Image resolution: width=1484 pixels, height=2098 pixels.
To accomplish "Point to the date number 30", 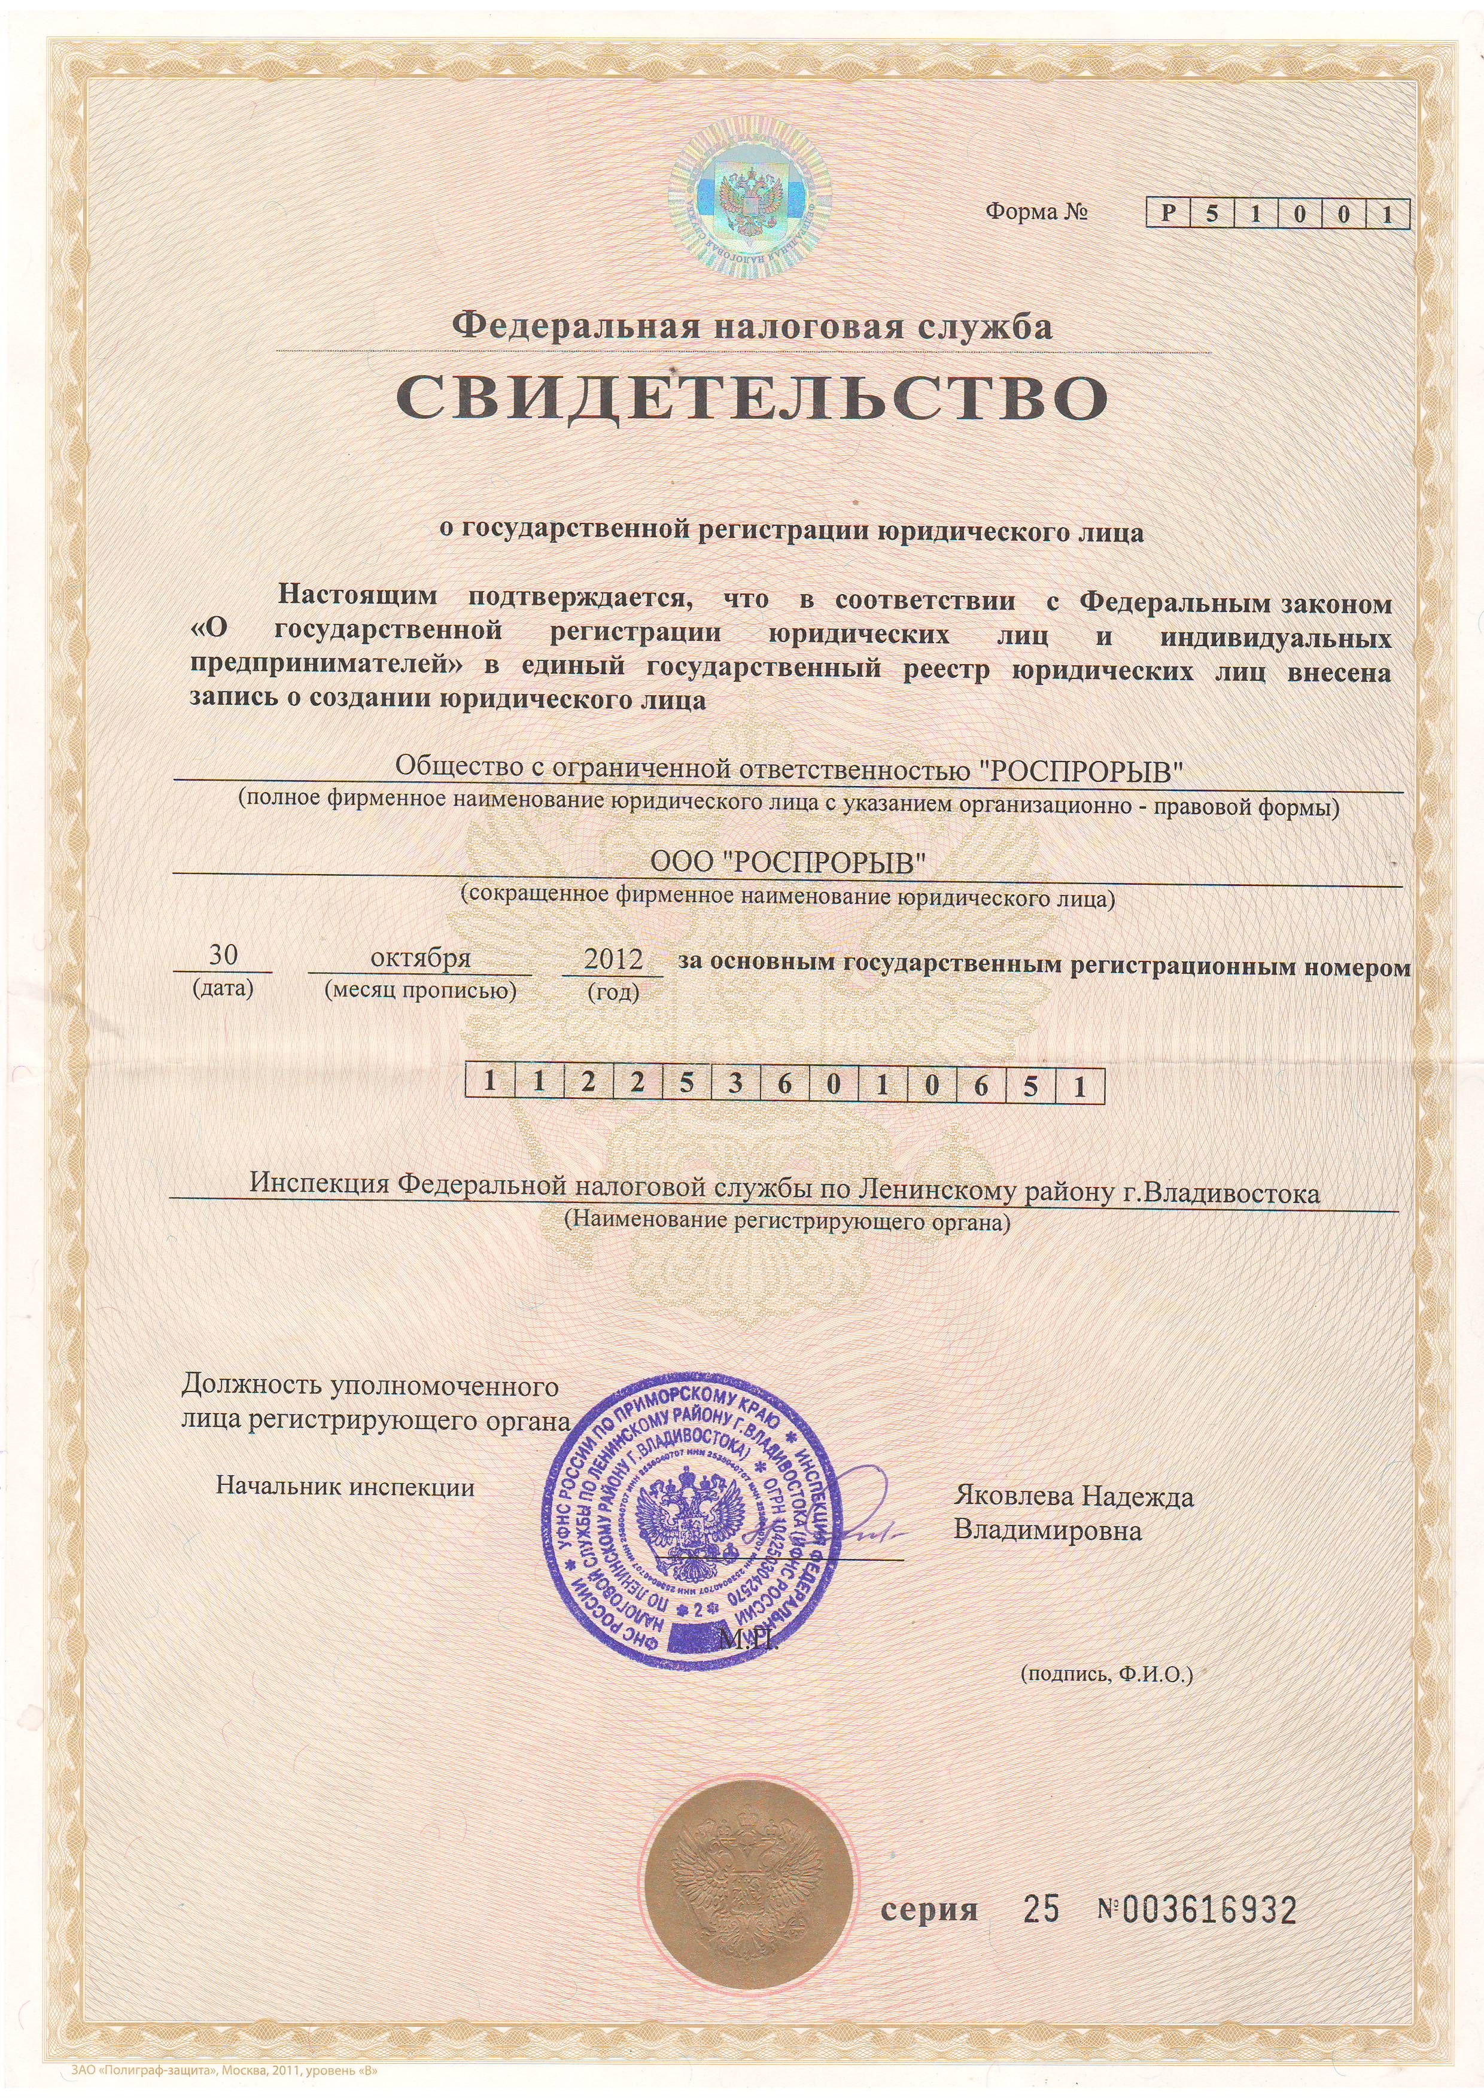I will (x=223, y=956).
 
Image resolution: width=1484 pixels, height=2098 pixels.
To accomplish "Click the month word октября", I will (x=419, y=958).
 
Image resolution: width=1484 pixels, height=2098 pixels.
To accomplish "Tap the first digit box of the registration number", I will (x=490, y=1086).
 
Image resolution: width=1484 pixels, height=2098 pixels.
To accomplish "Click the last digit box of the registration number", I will (x=1079, y=1086).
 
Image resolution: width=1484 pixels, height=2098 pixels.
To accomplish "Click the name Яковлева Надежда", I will (x=1074, y=1497).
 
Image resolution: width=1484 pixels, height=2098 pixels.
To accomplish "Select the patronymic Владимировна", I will (x=1047, y=1530).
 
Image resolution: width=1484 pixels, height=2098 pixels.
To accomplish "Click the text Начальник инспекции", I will (x=345, y=1487).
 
